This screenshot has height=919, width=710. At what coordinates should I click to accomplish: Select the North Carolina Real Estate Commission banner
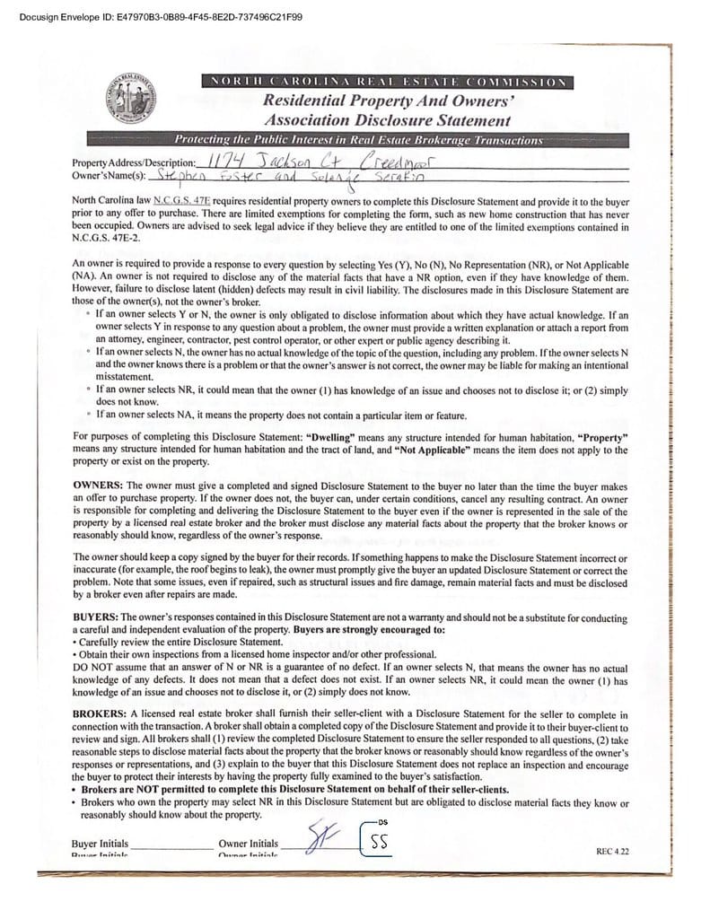pyautogui.click(x=388, y=83)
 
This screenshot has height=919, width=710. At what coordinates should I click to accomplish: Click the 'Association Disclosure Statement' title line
pyautogui.click(x=388, y=120)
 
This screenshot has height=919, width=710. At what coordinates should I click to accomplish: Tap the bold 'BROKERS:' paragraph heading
pyautogui.click(x=101, y=713)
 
